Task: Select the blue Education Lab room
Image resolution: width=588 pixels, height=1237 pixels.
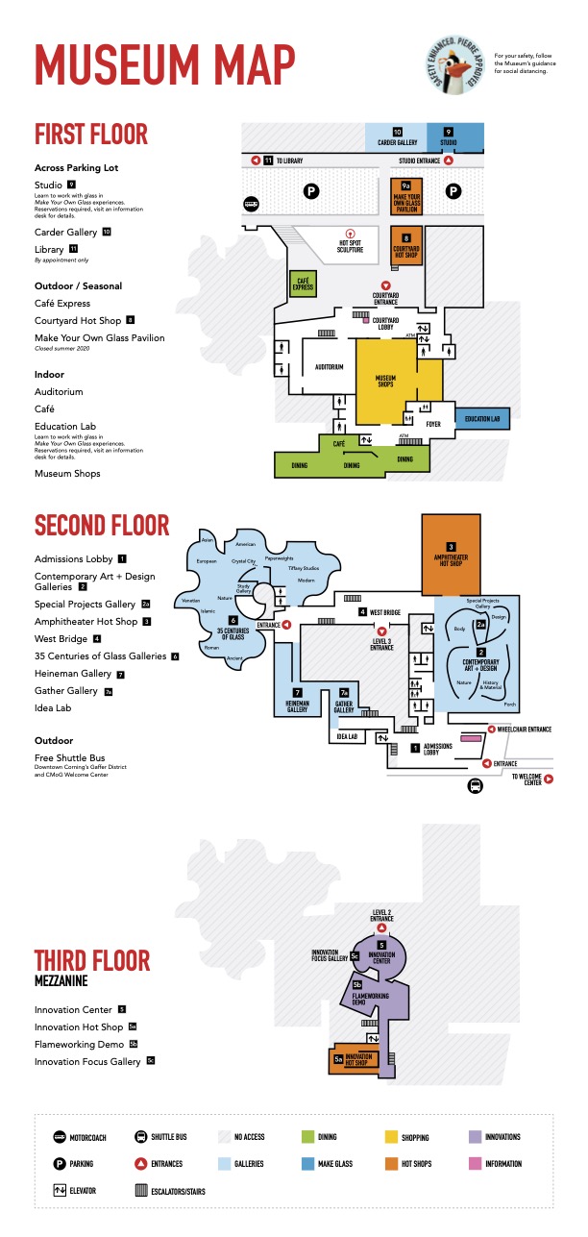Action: click(480, 420)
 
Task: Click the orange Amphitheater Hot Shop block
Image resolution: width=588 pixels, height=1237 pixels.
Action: click(451, 555)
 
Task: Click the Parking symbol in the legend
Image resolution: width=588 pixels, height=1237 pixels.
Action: click(60, 1164)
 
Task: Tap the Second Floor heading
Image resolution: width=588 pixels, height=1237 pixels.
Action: click(102, 526)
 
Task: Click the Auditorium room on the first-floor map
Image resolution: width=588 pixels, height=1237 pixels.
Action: click(329, 366)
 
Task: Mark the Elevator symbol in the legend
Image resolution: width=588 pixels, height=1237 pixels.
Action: click(60, 1191)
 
